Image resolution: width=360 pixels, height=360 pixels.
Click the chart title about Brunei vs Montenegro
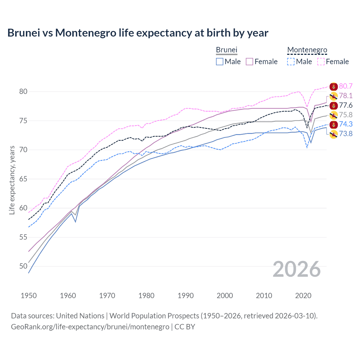(x=138, y=33)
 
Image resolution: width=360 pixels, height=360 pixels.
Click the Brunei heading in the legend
(x=226, y=50)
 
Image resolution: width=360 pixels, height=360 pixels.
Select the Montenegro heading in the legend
(x=307, y=50)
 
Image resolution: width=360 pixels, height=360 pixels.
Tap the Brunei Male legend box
(x=220, y=62)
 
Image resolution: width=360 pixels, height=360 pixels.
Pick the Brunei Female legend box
(x=249, y=62)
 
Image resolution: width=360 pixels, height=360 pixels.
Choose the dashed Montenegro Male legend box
(x=291, y=62)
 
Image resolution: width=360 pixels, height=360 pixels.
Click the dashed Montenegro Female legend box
(x=321, y=62)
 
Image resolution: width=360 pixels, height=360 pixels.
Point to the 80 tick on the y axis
(x=23, y=91)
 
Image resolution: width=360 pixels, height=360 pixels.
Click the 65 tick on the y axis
(x=23, y=179)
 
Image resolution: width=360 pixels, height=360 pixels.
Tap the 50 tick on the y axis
(x=23, y=266)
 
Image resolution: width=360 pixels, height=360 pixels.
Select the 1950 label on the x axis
(x=29, y=296)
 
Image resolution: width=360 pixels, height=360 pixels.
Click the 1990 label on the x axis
(x=186, y=296)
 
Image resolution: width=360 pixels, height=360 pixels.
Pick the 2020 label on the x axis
(x=303, y=296)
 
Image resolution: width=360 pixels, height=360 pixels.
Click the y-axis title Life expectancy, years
(x=12, y=180)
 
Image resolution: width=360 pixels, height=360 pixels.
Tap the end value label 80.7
(x=346, y=86)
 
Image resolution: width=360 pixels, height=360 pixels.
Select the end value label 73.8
(x=346, y=134)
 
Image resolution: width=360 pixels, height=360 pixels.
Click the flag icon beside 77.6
(x=334, y=106)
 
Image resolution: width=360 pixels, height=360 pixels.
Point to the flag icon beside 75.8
(x=334, y=115)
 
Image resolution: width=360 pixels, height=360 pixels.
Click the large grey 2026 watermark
(x=297, y=269)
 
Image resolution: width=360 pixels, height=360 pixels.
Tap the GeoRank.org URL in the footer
(x=90, y=327)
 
